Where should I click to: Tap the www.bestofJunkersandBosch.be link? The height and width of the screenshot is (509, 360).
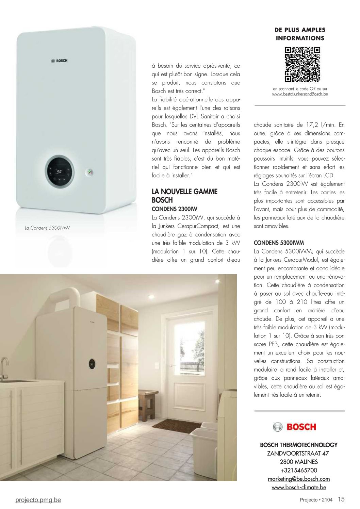(x=300, y=94)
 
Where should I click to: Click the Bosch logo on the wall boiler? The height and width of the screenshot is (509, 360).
(x=60, y=61)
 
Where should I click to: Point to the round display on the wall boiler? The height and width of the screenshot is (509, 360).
(x=59, y=171)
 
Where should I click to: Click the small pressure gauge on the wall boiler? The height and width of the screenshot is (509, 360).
(x=91, y=172)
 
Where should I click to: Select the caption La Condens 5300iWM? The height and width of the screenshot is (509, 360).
(x=48, y=228)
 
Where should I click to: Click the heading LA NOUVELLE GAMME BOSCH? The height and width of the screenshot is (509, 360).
(x=184, y=196)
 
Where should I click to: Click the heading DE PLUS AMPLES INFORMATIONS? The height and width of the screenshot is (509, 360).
(x=300, y=34)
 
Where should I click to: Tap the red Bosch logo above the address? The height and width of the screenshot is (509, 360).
(x=294, y=427)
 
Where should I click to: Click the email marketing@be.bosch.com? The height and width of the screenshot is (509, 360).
(x=299, y=479)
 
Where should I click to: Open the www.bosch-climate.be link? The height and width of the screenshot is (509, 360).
(x=299, y=487)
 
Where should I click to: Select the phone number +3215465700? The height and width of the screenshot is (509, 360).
(x=299, y=470)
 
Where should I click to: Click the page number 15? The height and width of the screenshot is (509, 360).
(x=341, y=499)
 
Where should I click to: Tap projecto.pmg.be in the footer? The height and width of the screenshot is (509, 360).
(x=38, y=500)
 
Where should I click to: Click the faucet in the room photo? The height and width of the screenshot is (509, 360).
(x=4, y=366)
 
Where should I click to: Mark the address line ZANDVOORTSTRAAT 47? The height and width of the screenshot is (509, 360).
(x=298, y=453)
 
